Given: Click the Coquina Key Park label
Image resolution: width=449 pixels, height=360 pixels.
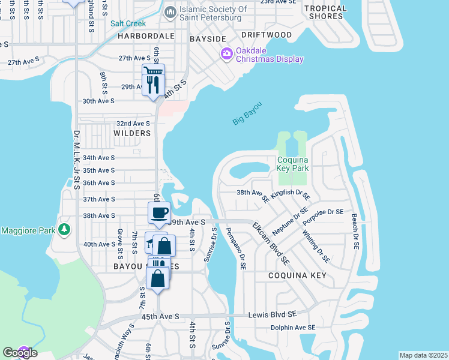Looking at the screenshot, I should pyautogui.click(x=293, y=164).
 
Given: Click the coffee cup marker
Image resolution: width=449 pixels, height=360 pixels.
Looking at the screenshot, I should pyautogui.click(x=160, y=212).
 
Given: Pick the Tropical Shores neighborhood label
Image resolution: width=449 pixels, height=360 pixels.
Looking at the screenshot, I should pyautogui.click(x=325, y=12).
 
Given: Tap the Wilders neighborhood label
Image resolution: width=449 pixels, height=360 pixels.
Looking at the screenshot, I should pyautogui.click(x=131, y=133).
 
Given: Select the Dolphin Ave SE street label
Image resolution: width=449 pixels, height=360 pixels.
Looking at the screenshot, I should pyautogui.click(x=293, y=328).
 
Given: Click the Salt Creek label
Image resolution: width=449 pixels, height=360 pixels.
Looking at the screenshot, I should pyautogui.click(x=124, y=23).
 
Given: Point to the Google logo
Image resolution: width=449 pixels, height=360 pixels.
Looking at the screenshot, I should pyautogui.click(x=20, y=353).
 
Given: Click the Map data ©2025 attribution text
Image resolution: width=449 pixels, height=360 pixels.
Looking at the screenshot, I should pyautogui.click(x=424, y=355).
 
